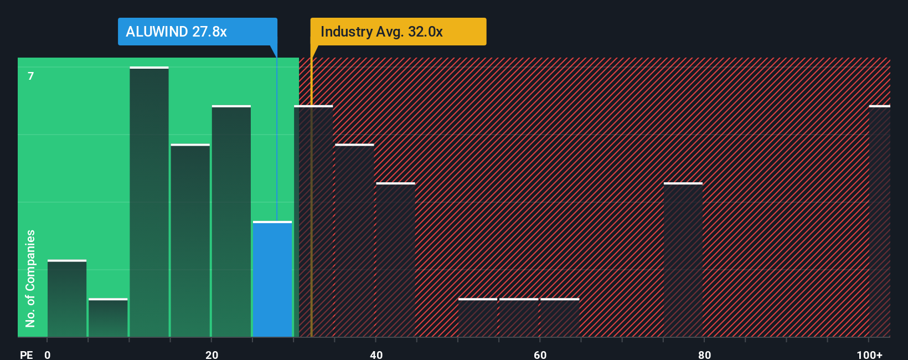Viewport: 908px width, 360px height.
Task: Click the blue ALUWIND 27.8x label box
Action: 197,32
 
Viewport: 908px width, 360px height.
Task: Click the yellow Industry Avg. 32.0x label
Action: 398,32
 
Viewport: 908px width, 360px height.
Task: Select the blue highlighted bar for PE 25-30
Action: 272,279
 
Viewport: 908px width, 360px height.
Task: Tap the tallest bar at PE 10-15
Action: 149,202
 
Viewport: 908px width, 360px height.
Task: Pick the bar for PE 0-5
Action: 67,299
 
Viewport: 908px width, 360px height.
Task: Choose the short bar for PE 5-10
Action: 108,318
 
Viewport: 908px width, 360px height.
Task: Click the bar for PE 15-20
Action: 190,240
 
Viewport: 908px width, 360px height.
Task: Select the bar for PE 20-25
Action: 231,222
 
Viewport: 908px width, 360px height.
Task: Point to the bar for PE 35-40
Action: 354,240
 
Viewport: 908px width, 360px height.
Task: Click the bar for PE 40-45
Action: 395,260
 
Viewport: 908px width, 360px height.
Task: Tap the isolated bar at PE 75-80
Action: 683,260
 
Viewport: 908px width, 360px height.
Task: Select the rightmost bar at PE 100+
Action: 879,222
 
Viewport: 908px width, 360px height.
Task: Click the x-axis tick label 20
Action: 211,354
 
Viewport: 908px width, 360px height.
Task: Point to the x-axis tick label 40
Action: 376,354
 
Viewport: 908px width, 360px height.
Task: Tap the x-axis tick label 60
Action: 540,354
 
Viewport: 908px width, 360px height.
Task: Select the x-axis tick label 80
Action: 704,354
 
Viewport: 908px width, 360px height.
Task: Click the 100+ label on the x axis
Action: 869,354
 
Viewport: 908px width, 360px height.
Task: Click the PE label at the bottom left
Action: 26,354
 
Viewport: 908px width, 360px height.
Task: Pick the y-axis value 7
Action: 31,76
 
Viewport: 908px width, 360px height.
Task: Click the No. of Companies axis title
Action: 30,278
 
